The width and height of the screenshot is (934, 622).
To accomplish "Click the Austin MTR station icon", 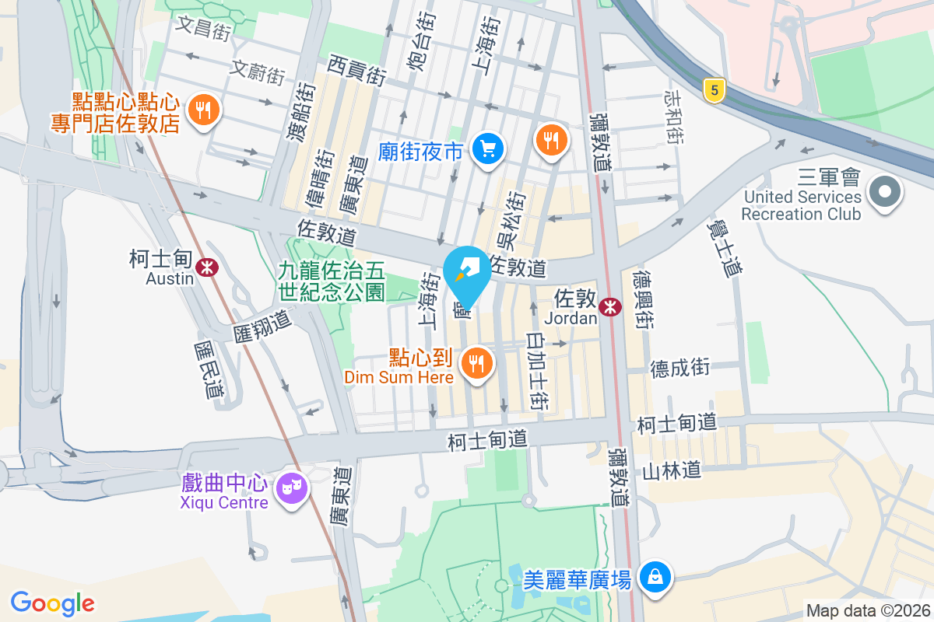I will point(207,267).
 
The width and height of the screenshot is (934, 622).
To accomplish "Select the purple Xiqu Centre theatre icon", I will point(293,487).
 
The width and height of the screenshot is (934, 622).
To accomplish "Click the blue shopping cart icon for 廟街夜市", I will point(489,148).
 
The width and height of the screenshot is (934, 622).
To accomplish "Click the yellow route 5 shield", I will point(712,90).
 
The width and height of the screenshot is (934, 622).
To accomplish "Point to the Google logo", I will point(52,603).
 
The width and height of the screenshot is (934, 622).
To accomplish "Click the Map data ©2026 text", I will point(867,611).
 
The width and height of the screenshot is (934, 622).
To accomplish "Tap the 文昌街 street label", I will point(204,29).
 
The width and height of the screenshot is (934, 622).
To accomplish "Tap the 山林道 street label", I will point(672,470).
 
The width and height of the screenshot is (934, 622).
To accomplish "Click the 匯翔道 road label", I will point(262,326).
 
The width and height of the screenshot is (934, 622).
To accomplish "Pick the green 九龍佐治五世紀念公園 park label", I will point(332,281).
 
